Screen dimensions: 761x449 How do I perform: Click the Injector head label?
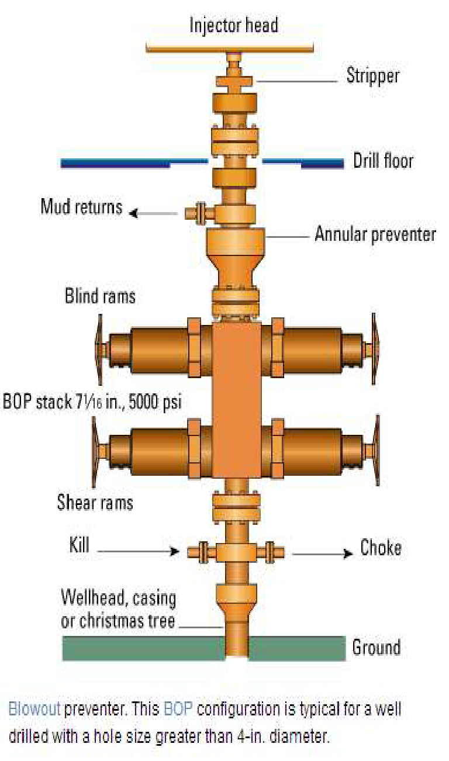coord(233,25)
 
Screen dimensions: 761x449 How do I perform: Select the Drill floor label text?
coord(383,161)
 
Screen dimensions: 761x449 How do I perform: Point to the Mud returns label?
coord(81,207)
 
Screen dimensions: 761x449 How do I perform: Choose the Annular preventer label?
coord(375,235)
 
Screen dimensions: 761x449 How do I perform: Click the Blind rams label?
coord(100,296)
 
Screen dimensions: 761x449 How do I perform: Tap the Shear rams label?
coord(95,502)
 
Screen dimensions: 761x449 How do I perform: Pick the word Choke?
coord(381,548)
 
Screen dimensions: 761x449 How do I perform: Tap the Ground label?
coord(376,648)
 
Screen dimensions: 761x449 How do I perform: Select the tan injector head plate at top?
coord(234,46)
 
